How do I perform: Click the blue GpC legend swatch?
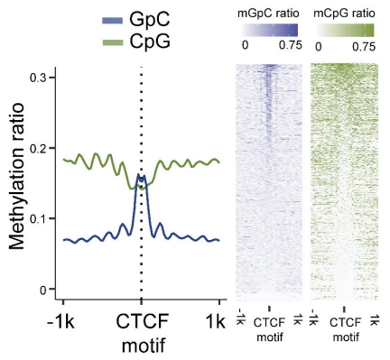point(113,21)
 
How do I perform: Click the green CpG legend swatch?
point(113,42)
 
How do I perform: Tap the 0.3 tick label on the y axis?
point(38,78)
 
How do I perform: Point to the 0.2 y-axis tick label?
point(38,148)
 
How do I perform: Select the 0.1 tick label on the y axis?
point(38,218)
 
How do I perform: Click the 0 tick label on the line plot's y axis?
point(43,290)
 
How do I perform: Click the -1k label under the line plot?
point(60,321)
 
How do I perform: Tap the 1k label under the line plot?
point(216,321)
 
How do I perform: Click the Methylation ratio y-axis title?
point(16,176)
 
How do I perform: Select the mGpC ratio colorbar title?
point(268,14)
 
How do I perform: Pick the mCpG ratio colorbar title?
point(344,14)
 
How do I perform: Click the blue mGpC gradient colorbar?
point(269,30)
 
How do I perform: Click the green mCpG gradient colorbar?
point(345,30)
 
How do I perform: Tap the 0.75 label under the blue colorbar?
point(290,45)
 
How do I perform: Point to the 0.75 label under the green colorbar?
point(364,47)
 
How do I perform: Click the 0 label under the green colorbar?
point(319,47)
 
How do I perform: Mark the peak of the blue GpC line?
point(138,174)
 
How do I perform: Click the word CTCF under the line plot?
point(142,321)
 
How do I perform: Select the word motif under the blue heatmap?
point(270,337)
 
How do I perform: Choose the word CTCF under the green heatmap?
point(345,323)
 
